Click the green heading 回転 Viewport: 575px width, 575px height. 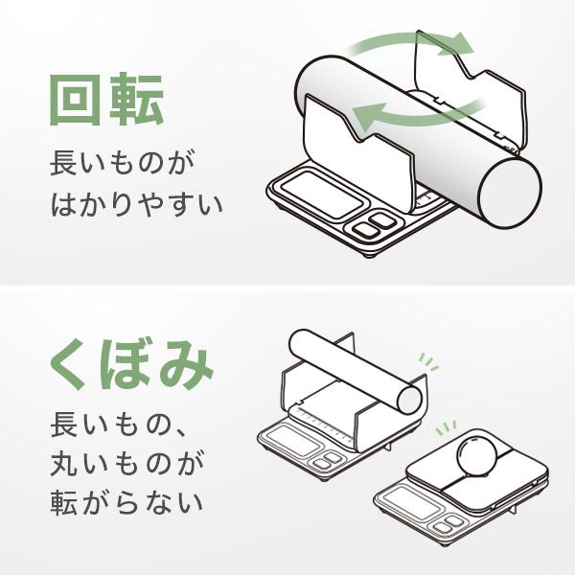tap(107, 100)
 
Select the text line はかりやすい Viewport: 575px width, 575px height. tap(134, 204)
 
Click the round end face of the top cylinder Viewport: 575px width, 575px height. tap(516, 194)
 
